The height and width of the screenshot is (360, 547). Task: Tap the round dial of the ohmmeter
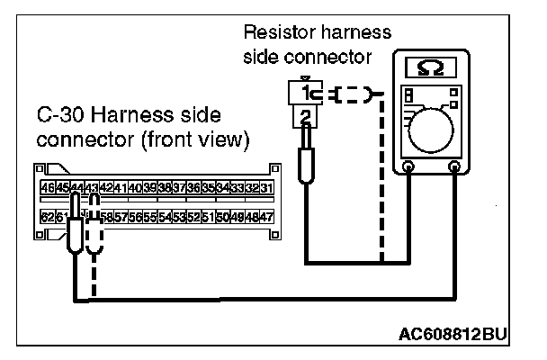pyautogui.click(x=439, y=125)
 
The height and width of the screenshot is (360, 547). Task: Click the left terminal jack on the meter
pyautogui.click(x=409, y=166)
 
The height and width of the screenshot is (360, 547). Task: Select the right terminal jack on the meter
pyautogui.click(x=455, y=166)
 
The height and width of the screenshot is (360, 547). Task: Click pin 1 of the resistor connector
pyautogui.click(x=308, y=93)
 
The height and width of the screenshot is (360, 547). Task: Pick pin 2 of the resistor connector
pyautogui.click(x=308, y=114)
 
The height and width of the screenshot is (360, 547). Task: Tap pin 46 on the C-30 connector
pyautogui.click(x=48, y=187)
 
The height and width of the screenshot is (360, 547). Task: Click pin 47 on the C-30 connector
pyautogui.click(x=266, y=218)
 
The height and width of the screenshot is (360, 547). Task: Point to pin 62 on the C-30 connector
pyautogui.click(x=48, y=218)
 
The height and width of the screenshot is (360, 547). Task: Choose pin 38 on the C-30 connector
pyautogui.click(x=165, y=187)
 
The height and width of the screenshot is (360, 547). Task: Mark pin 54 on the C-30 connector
pyautogui.click(x=165, y=218)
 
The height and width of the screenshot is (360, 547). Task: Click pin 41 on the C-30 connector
pyautogui.click(x=121, y=187)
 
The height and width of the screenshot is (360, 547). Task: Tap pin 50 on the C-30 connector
pyautogui.click(x=222, y=218)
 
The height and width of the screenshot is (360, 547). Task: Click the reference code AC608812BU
pyautogui.click(x=453, y=335)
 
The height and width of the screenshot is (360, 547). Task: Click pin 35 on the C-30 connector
pyautogui.click(x=208, y=187)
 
